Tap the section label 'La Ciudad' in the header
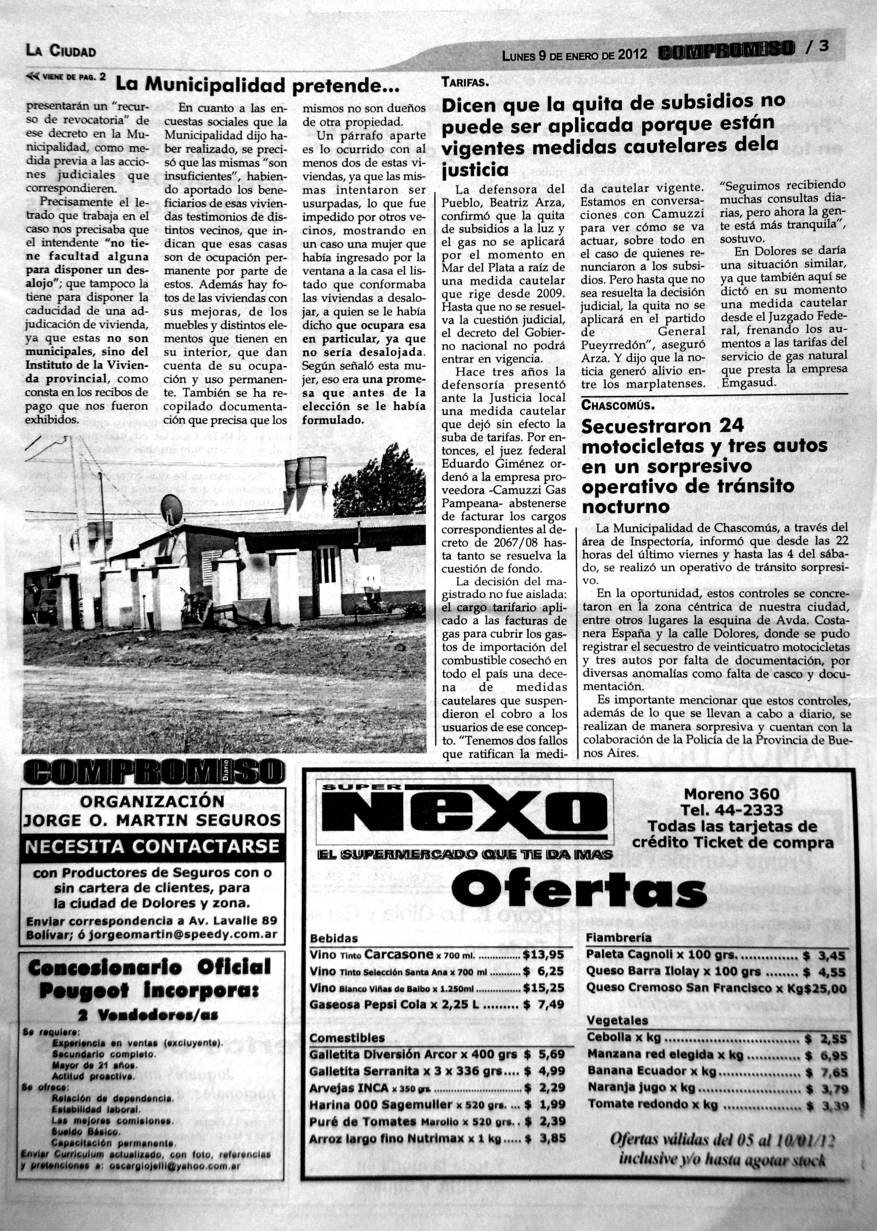tap(61, 51)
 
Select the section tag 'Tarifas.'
tap(464, 83)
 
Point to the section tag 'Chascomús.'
tap(618, 405)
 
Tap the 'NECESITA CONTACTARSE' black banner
tap(152, 846)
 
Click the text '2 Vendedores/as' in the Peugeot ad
tap(148, 1016)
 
